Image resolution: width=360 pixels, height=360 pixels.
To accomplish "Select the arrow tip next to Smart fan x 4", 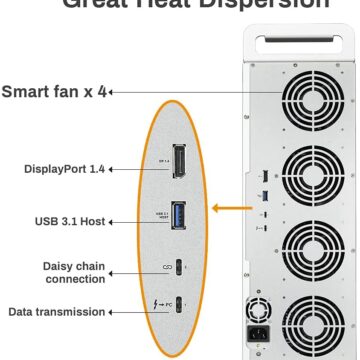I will click(x=110, y=93).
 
